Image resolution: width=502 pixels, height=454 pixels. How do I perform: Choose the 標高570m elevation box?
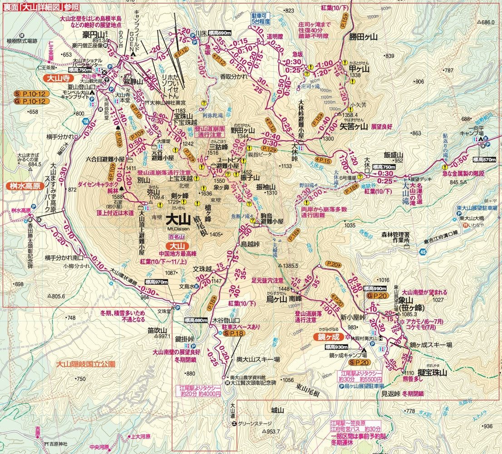pos(482,160)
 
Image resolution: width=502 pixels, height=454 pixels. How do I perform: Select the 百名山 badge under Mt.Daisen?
pos(174,237)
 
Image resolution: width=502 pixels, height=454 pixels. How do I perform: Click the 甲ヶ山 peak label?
pos(359,69)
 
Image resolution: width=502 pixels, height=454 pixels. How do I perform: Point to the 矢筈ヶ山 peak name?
pos(354,127)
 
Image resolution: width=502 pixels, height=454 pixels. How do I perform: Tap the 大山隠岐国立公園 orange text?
pos(86,364)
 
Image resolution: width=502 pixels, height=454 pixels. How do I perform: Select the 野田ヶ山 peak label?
pos(241,130)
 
